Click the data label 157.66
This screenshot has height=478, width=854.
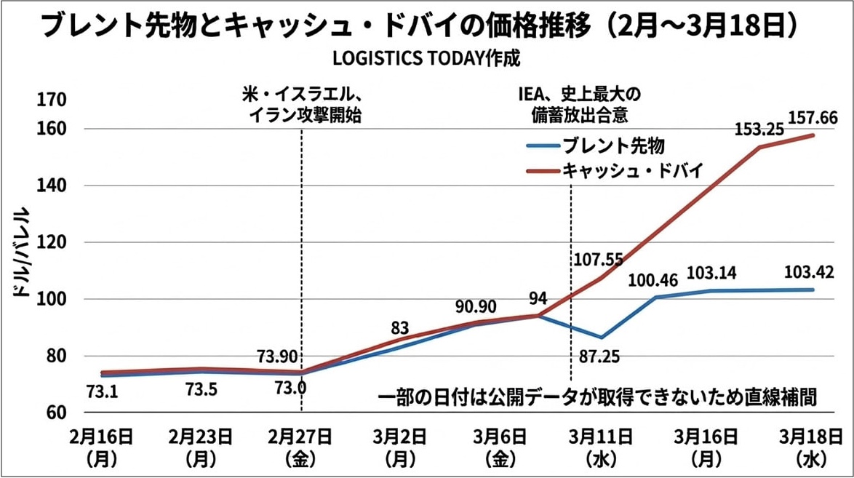click(x=813, y=117)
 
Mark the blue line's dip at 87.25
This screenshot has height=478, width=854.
click(x=601, y=338)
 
